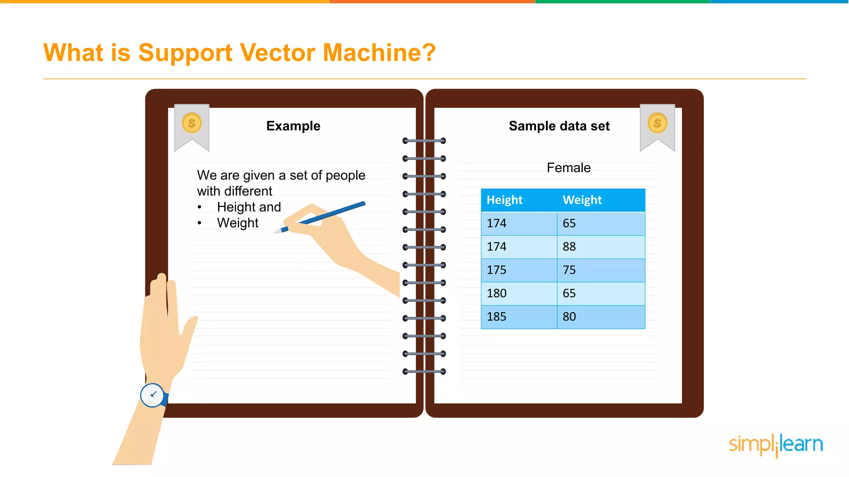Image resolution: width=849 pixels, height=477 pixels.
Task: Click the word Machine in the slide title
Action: [379, 53]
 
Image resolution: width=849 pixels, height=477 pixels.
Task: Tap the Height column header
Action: [504, 200]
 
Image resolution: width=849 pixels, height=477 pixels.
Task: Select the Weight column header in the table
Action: [582, 200]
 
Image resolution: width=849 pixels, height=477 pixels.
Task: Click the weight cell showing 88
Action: [569, 247]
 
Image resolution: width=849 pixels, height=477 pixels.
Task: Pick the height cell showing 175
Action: [497, 270]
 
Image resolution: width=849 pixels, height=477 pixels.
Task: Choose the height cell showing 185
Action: [497, 317]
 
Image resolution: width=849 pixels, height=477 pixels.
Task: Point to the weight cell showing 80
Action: [569, 317]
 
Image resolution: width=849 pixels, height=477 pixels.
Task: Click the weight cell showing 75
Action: [569, 270]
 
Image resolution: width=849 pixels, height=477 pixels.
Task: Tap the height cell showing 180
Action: [497, 294]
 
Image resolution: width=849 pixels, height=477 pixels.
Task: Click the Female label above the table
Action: [568, 168]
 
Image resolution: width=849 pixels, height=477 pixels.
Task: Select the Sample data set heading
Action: [559, 126]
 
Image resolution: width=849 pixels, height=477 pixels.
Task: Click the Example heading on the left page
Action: [293, 126]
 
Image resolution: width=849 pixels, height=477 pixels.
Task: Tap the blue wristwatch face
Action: [152, 395]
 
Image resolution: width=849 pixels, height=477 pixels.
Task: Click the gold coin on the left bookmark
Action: [192, 123]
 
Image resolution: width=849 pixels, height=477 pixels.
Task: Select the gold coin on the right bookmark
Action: [657, 123]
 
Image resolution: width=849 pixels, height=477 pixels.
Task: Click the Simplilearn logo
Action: [776, 445]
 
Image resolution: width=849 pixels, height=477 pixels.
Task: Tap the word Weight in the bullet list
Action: [238, 223]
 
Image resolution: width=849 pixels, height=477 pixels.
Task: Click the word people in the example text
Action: [345, 176]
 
